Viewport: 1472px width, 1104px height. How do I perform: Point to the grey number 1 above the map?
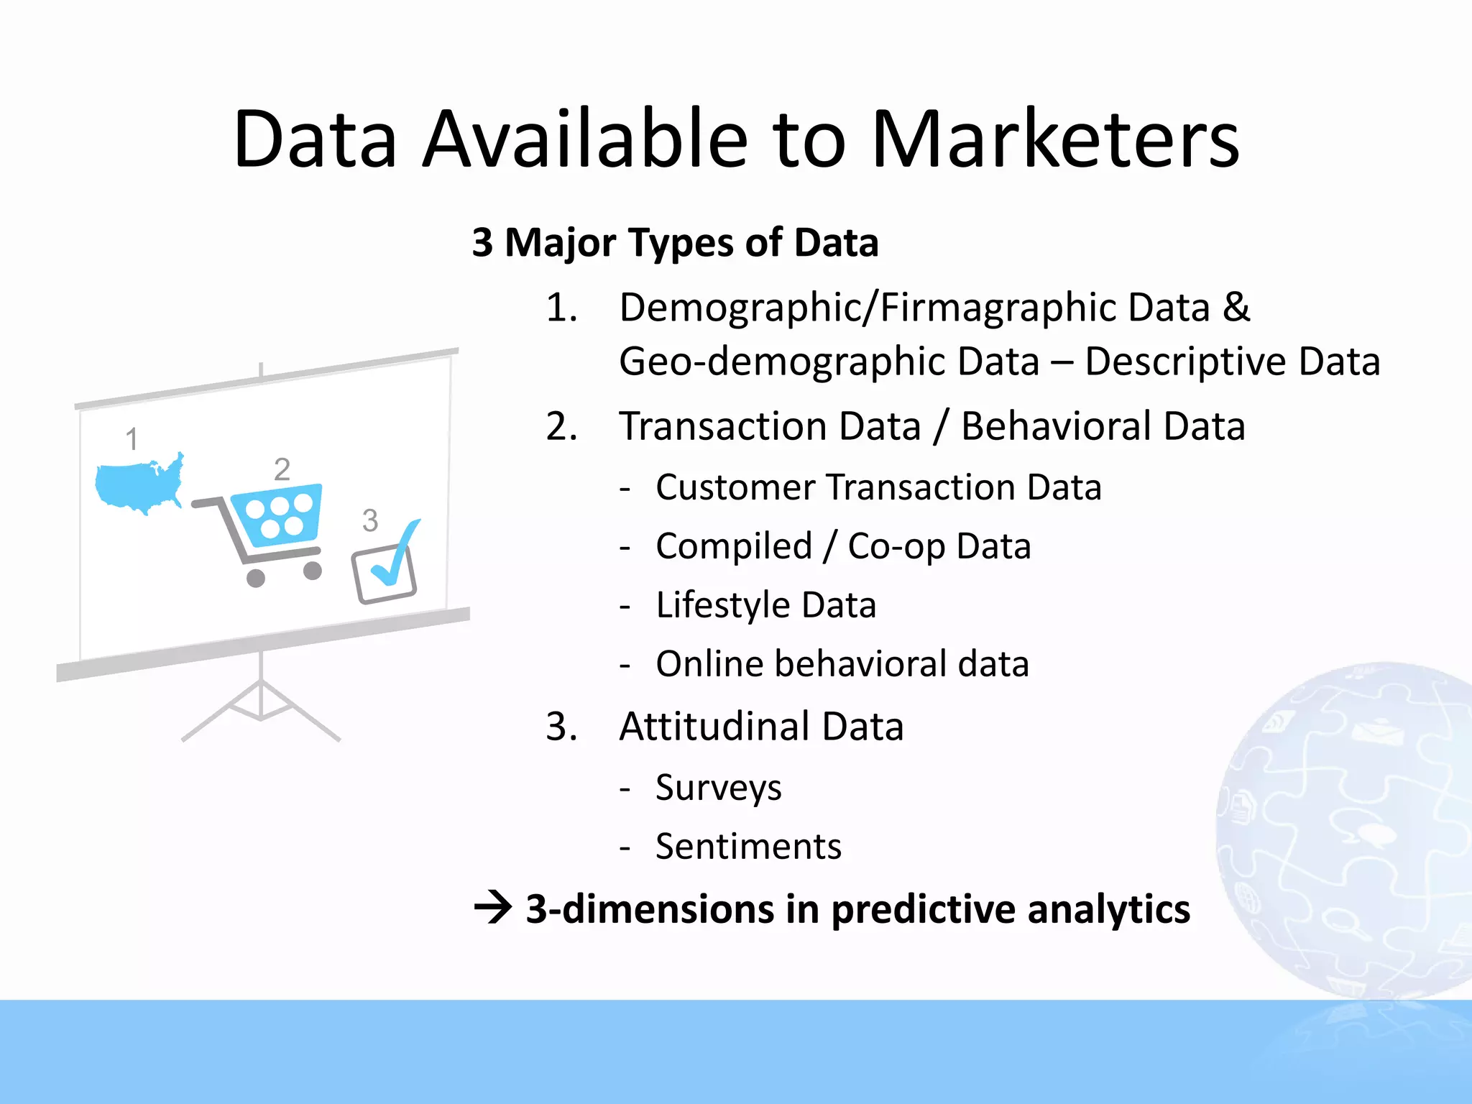[132, 439]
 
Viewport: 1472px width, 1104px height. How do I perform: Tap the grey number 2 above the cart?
[282, 470]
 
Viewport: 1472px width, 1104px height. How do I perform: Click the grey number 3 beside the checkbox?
[370, 520]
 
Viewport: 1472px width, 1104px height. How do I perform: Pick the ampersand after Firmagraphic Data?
[1236, 307]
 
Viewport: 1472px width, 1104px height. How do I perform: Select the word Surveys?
[718, 788]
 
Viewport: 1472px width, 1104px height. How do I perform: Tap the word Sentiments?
[748, 847]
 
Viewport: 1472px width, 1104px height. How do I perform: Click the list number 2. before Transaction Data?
[561, 426]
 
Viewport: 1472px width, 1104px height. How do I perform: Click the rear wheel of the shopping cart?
[256, 578]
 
